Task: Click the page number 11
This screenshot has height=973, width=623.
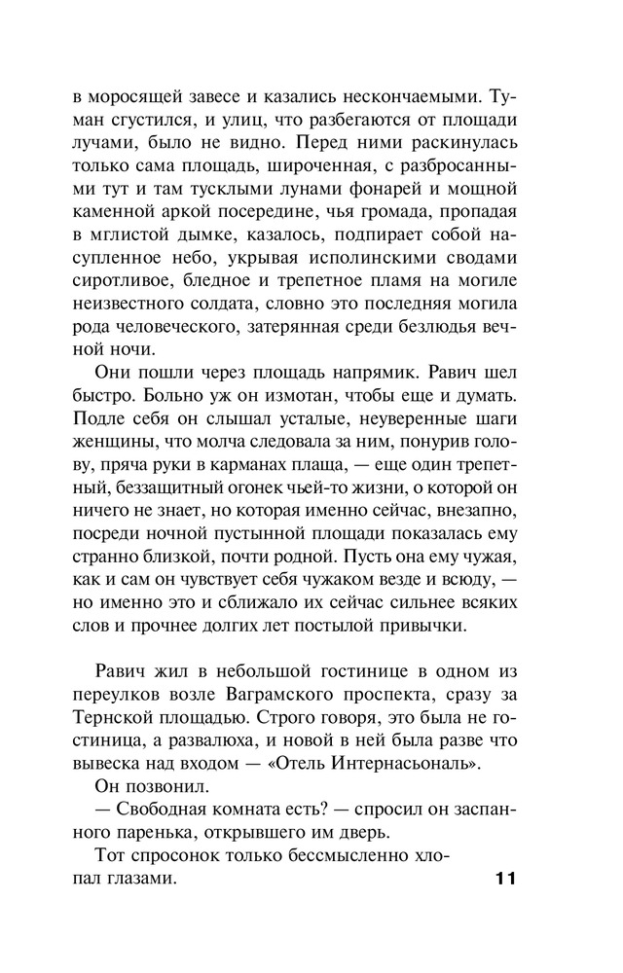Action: pyautogui.click(x=497, y=879)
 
